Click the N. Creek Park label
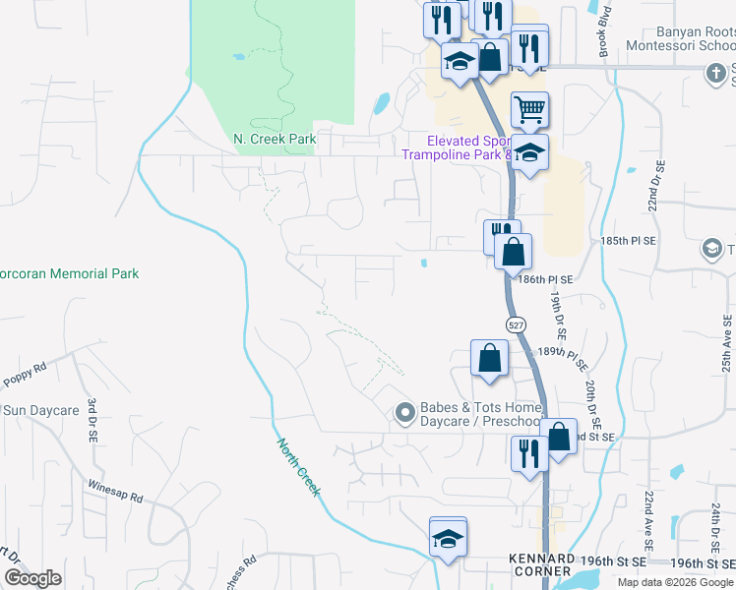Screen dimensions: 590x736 point(275,140)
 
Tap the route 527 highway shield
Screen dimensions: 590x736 point(516,324)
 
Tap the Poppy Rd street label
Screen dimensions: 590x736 point(26,371)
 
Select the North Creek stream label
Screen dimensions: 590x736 point(298,466)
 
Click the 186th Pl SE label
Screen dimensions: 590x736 point(545,279)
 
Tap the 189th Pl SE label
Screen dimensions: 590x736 point(564,351)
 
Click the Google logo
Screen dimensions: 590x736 point(32,578)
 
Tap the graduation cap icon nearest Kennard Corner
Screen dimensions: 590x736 point(449,539)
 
